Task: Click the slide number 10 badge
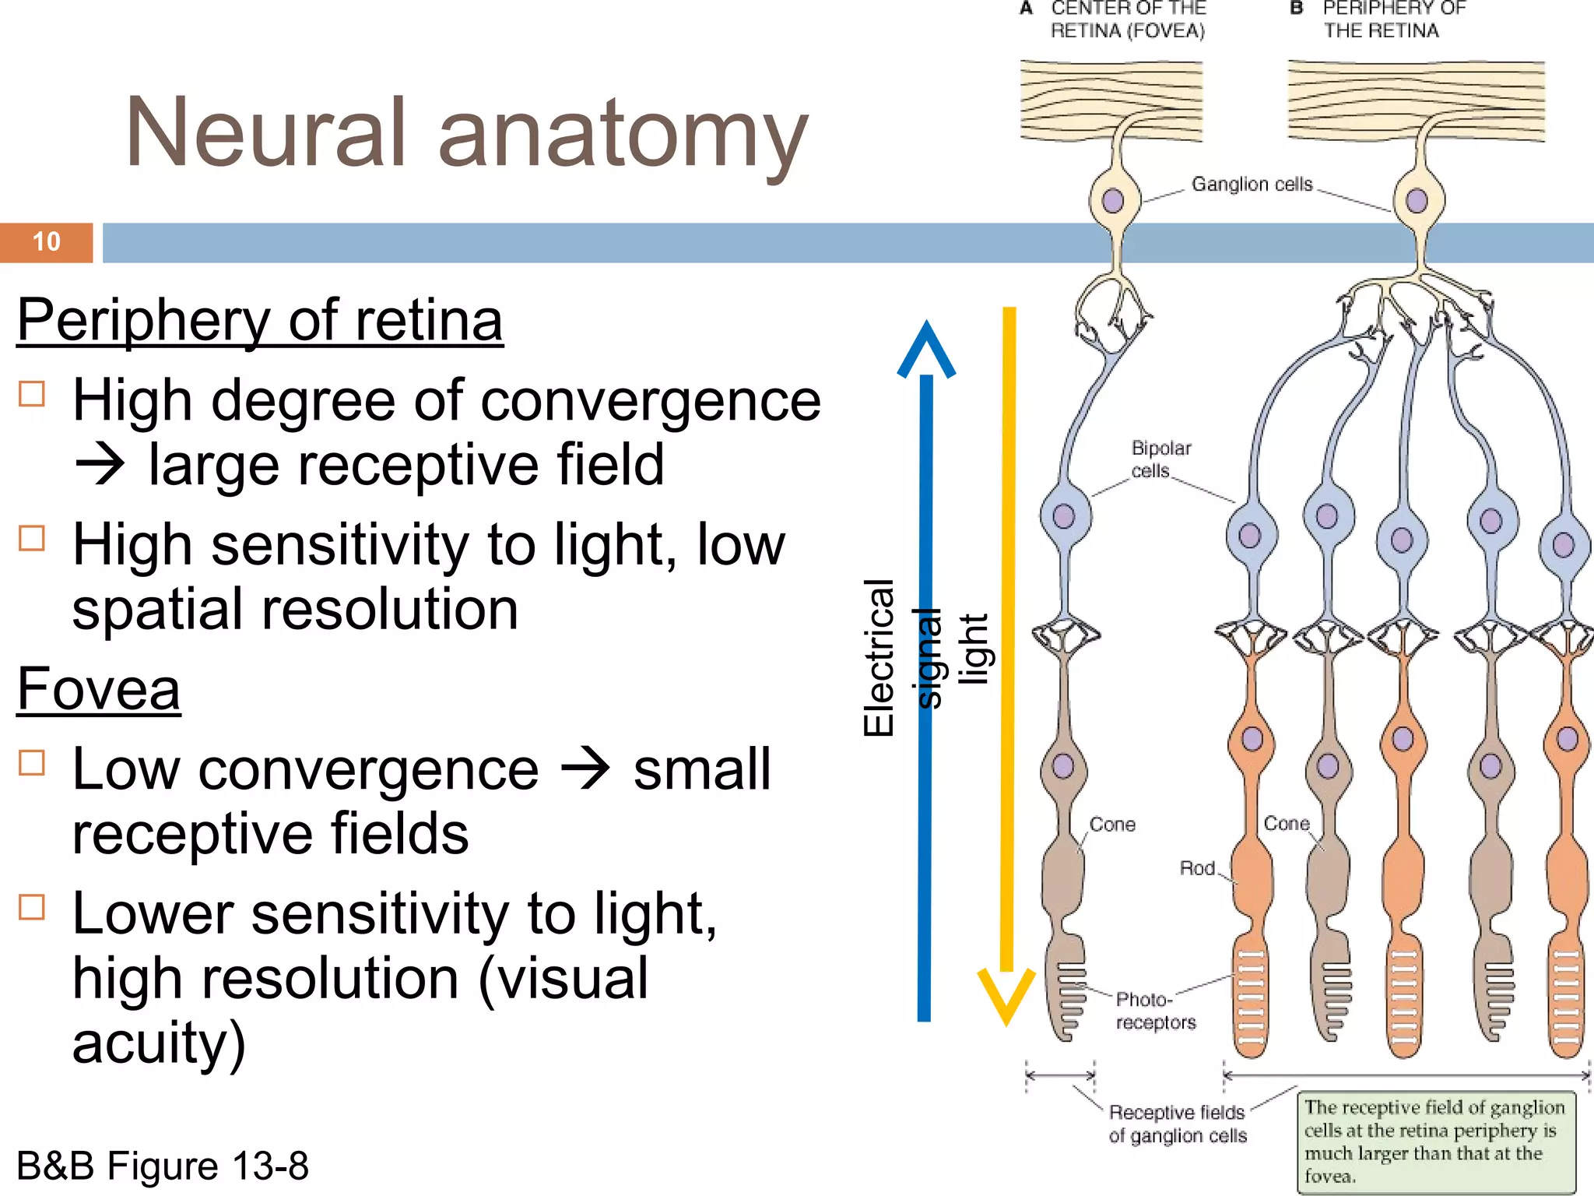(x=47, y=242)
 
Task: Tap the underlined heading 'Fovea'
(x=99, y=689)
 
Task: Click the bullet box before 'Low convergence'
(x=32, y=762)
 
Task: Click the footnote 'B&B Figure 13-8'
(x=162, y=1166)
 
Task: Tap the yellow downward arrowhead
(x=1006, y=997)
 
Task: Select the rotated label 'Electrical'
(x=879, y=658)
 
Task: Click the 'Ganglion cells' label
(x=1252, y=185)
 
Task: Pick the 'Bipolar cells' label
(x=1160, y=459)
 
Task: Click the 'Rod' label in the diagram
(x=1197, y=868)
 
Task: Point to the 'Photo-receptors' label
(x=1155, y=1011)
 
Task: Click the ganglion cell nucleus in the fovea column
(x=1113, y=200)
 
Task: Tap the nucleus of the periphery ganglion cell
(x=1417, y=200)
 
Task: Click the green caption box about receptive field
(x=1434, y=1141)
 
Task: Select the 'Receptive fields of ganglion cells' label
(x=1177, y=1124)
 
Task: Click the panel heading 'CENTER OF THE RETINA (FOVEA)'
(x=1127, y=19)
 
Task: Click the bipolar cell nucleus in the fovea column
(x=1064, y=515)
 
